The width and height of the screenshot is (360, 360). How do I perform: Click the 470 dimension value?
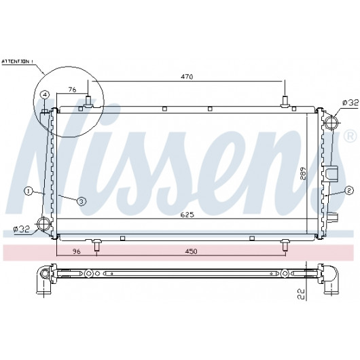click(x=187, y=77)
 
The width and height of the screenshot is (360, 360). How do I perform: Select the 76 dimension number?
click(x=72, y=89)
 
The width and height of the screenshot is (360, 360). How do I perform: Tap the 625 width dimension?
click(x=187, y=215)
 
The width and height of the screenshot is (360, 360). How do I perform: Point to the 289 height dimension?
click(x=304, y=173)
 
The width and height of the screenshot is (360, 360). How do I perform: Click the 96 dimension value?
click(x=77, y=251)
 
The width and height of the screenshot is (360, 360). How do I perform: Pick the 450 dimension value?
click(x=191, y=251)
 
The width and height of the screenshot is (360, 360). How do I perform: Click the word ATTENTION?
click(x=16, y=62)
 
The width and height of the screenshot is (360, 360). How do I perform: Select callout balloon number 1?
click(x=29, y=191)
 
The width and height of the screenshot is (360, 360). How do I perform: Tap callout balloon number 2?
click(x=348, y=190)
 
